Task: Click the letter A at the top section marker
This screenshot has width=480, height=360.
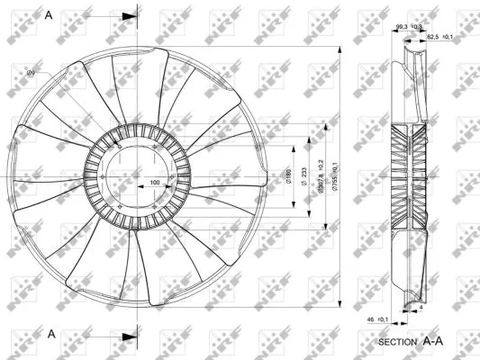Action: [50, 16]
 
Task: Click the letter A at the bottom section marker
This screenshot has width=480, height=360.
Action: [52, 334]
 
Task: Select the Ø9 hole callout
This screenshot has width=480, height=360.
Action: [31, 72]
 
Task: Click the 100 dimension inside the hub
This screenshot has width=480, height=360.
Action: [155, 183]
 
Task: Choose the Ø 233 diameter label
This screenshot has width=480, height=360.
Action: [303, 177]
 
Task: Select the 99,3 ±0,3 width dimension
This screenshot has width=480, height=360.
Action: [409, 27]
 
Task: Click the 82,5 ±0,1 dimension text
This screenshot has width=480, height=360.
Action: [439, 36]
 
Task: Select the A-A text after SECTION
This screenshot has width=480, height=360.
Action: [435, 341]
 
